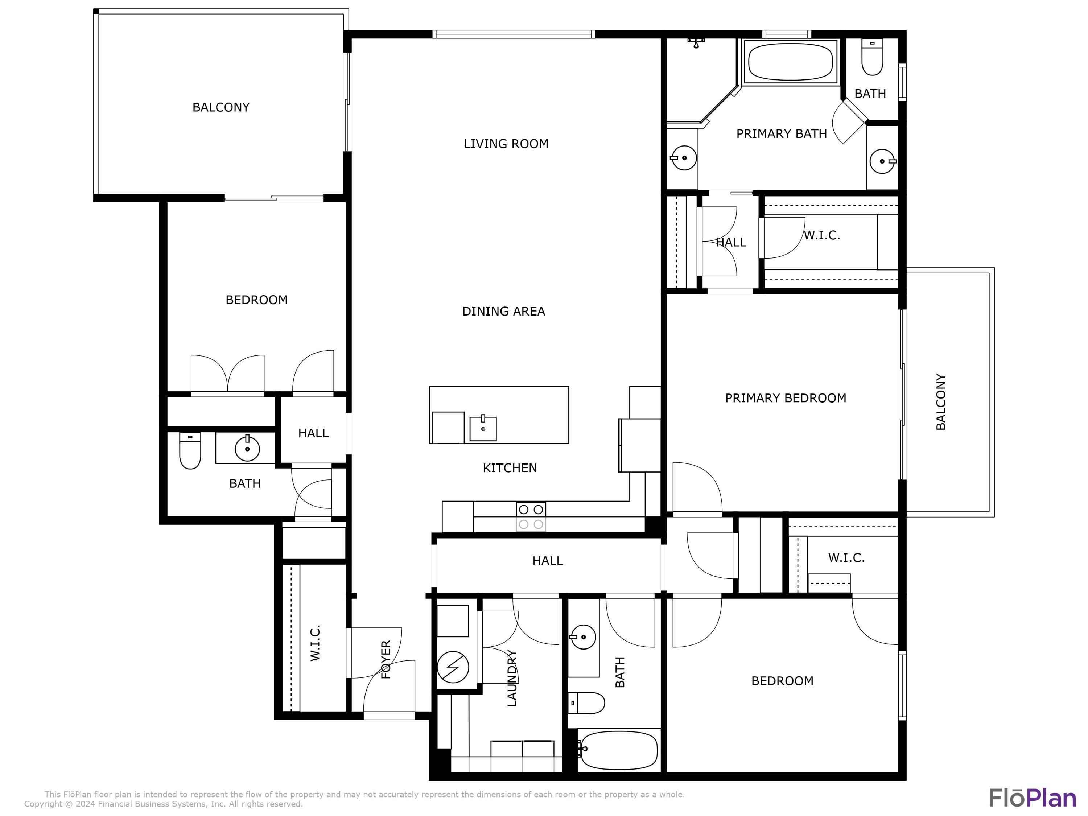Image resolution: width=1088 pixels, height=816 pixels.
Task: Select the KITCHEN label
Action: [510, 468]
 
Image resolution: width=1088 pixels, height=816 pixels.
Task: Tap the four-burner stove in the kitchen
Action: [531, 517]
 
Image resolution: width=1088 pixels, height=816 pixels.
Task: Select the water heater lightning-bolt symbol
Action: [453, 667]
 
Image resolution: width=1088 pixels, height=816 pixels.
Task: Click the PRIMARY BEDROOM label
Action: [786, 398]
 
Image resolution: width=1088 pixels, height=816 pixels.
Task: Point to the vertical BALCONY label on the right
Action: [940, 402]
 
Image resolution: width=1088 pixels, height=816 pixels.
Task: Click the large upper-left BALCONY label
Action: [221, 107]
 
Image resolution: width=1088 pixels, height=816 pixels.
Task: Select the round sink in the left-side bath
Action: [247, 449]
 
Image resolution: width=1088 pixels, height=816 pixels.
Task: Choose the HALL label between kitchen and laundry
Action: [547, 561]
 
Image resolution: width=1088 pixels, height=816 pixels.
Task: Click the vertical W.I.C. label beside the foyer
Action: [315, 643]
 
